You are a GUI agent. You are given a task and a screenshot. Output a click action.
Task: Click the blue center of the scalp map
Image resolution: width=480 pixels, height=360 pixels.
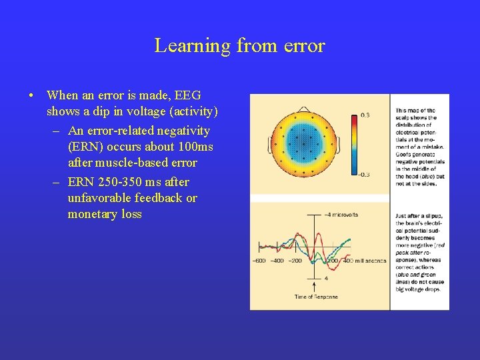303,143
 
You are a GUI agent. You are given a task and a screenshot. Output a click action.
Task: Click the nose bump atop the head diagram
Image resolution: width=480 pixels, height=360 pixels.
304,109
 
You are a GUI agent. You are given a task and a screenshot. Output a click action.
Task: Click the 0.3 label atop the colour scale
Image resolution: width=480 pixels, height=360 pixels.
365,115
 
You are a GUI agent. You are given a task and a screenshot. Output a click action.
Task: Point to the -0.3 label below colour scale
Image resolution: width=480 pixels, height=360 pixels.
365,175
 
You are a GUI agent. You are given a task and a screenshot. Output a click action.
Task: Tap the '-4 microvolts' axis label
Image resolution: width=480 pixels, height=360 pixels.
341,215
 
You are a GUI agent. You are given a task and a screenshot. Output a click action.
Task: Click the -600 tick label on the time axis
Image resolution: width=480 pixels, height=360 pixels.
259,261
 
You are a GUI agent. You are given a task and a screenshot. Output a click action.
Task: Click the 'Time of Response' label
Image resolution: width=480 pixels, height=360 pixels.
316,297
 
